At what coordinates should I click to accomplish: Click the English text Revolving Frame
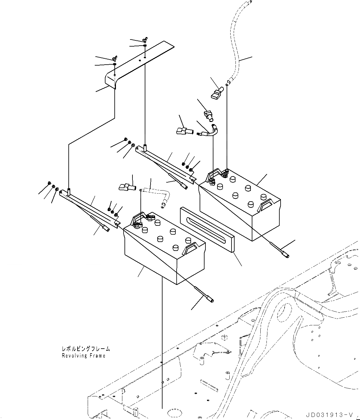(x=83, y=356)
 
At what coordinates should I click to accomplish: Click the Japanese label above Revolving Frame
(x=86, y=349)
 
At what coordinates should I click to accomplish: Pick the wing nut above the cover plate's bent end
(x=115, y=58)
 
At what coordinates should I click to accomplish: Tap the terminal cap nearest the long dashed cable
(x=217, y=93)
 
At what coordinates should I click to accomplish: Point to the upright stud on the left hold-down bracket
(x=69, y=192)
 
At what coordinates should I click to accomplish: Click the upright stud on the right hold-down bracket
(x=145, y=149)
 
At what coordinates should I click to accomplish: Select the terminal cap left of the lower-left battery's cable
(x=127, y=187)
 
